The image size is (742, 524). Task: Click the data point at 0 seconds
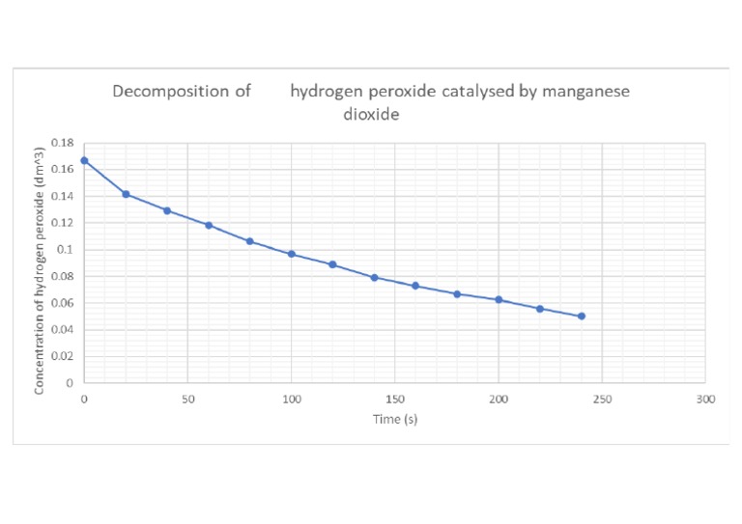(x=84, y=160)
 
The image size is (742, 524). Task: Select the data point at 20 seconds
(x=126, y=194)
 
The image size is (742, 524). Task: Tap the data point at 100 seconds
(x=291, y=254)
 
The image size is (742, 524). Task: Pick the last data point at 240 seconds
(x=582, y=316)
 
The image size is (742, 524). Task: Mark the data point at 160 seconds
(x=415, y=286)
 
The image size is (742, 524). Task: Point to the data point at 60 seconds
(x=209, y=225)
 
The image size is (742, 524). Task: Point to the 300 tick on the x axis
(x=705, y=399)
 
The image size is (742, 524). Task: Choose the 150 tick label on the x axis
(x=394, y=399)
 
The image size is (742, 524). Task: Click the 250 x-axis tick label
(x=602, y=399)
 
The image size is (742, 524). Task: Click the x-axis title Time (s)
(x=394, y=419)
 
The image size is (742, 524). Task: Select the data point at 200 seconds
(x=499, y=299)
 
